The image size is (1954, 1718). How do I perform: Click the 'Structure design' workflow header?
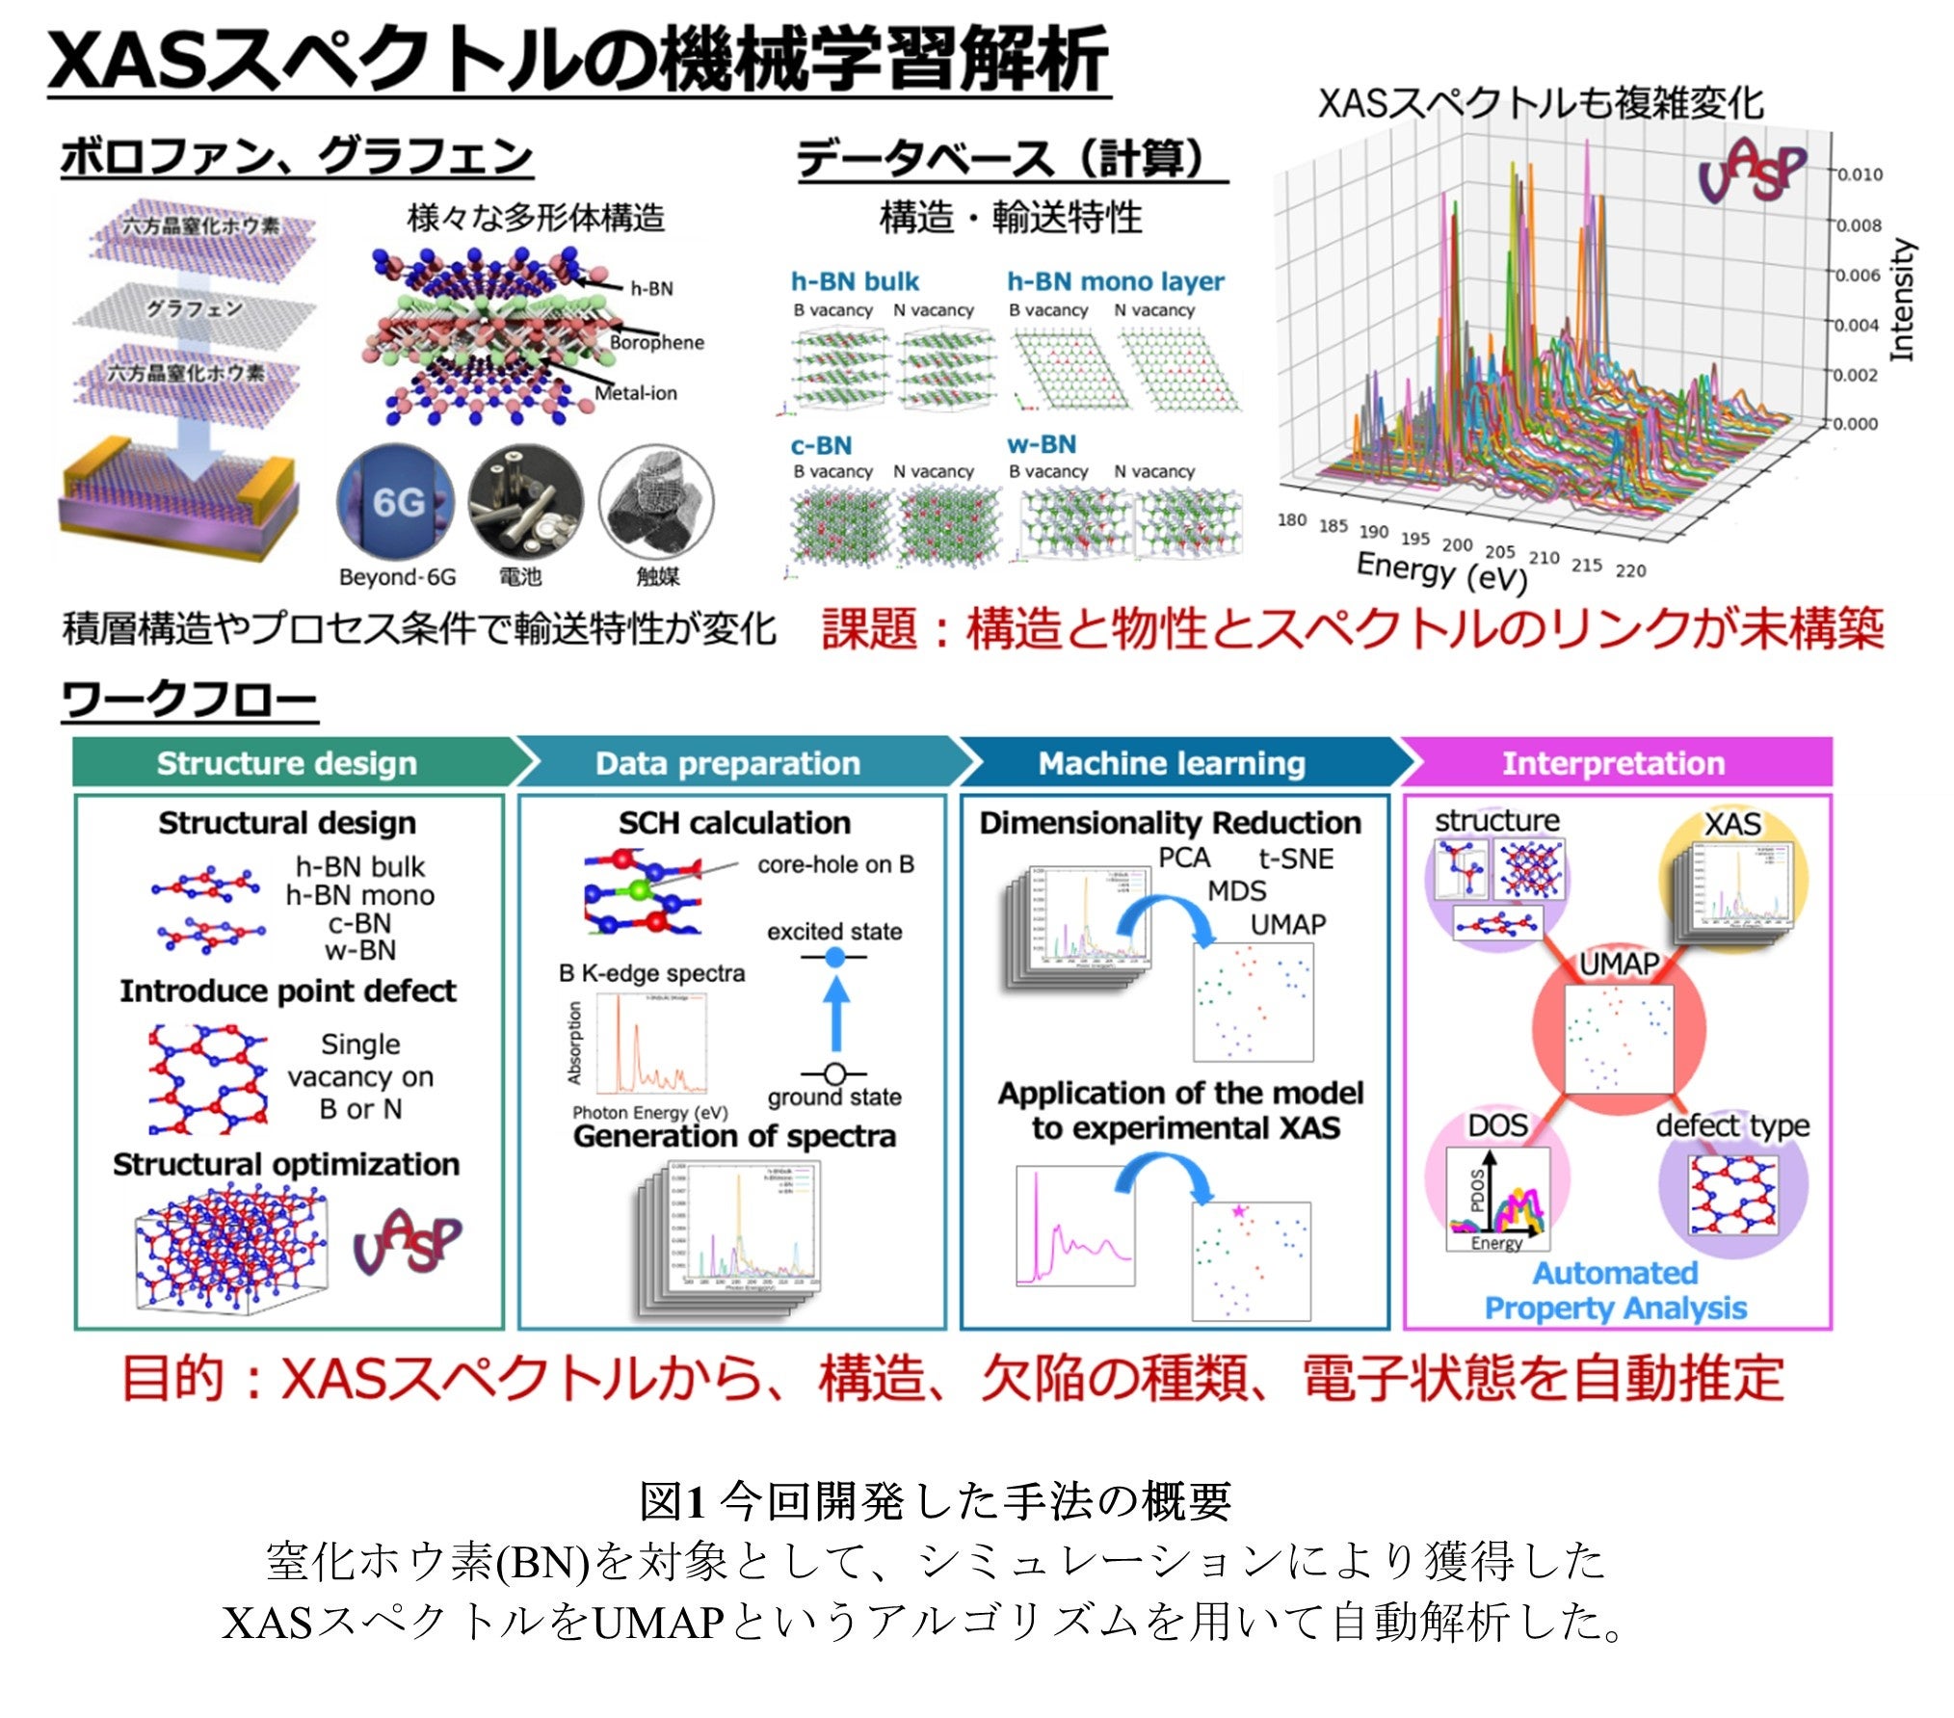[x=286, y=763]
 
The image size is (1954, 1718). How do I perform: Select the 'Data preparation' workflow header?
[x=727, y=763]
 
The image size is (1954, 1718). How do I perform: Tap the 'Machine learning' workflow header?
[x=1172, y=763]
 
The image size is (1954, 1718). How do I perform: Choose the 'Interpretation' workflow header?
[x=1614, y=763]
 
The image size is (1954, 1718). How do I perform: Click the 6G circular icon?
[x=396, y=502]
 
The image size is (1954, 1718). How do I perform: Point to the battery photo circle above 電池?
[x=525, y=502]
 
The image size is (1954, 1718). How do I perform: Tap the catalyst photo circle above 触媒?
[x=656, y=502]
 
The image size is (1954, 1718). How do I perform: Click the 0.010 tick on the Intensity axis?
[x=1859, y=174]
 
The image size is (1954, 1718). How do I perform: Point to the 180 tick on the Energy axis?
[x=1291, y=520]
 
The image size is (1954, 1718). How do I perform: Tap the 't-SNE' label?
[x=1296, y=859]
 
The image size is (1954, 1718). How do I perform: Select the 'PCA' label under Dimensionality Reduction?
[x=1183, y=858]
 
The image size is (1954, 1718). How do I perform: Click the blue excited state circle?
[x=835, y=957]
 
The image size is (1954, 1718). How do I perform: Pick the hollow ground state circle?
[x=835, y=1073]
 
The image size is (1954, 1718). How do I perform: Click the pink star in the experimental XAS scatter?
[x=1239, y=1210]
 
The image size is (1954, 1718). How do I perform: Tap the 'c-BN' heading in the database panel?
[x=821, y=446]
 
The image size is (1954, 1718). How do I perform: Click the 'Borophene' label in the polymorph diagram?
[x=656, y=343]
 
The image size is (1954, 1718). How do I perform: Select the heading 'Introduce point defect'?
[x=287, y=991]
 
